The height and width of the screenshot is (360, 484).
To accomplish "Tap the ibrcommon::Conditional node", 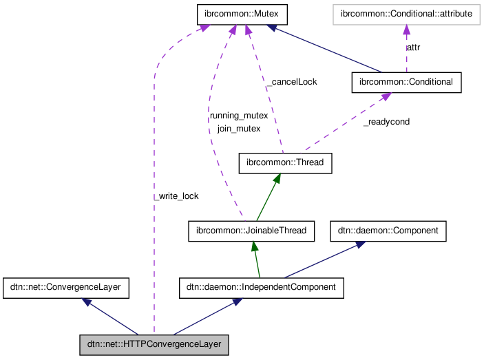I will (406, 82).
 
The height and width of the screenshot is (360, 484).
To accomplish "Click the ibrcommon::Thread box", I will (285, 163).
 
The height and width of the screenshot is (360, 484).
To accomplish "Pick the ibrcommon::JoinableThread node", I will (251, 231).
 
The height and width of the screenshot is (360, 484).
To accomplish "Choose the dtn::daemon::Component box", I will (389, 231).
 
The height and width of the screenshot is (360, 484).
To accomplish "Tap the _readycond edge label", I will (386, 122).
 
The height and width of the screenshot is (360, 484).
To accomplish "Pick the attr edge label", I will (414, 47).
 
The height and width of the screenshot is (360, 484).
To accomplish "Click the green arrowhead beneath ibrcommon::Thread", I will (277, 178).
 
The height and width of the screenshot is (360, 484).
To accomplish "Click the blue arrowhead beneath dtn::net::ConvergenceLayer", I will (87, 302).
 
